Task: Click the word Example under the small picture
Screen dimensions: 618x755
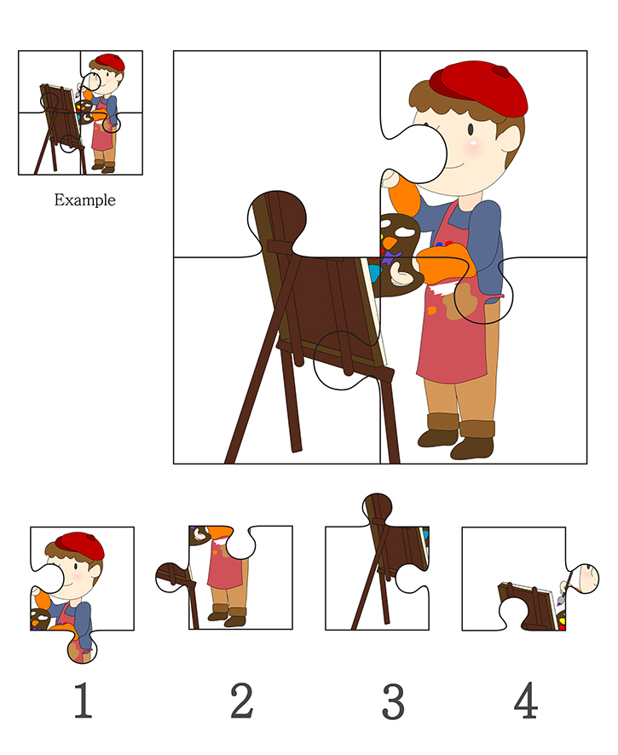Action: (x=84, y=200)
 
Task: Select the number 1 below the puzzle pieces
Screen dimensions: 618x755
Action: (x=83, y=700)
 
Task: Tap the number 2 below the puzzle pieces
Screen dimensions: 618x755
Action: (x=242, y=700)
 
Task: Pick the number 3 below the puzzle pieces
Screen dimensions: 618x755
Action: (x=393, y=700)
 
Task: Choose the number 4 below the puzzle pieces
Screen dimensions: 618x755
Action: (x=526, y=700)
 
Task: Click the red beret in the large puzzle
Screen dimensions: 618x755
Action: (x=478, y=89)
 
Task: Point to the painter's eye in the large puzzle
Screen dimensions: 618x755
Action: (x=471, y=129)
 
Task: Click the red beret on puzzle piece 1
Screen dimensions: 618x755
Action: (x=80, y=546)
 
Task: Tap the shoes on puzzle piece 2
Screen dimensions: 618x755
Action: (x=228, y=616)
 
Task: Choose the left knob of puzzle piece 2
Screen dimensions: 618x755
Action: (x=171, y=577)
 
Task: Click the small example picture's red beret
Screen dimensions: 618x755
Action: (x=110, y=62)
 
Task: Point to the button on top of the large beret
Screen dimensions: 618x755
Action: (x=501, y=72)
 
